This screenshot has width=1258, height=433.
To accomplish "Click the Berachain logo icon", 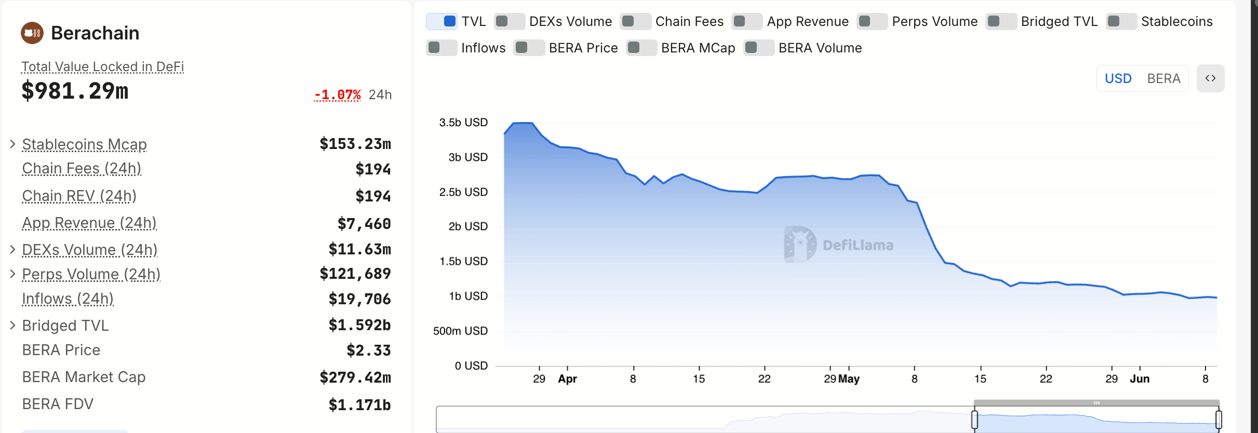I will (32, 33).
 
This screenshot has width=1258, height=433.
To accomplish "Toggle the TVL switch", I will (441, 21).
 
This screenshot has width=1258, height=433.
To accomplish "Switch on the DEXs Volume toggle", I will (509, 21).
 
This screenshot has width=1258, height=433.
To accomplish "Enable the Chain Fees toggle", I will (635, 21).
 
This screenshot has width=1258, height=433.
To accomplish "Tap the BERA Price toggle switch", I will (529, 48).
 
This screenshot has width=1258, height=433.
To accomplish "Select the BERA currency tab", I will (1163, 78).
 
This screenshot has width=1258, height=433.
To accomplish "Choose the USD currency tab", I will (1118, 78).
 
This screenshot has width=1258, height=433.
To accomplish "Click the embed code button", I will (1210, 78).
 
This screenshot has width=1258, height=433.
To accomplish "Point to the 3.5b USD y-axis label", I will (463, 123).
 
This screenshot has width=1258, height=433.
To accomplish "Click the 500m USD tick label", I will (460, 331).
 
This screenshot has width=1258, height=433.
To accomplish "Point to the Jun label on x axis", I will (1140, 379).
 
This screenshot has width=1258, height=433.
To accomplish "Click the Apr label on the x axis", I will (567, 379).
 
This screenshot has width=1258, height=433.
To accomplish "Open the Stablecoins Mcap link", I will (84, 144).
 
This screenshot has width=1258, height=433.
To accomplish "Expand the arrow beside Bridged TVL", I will (12, 326).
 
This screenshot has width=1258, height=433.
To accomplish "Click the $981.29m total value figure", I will (75, 91).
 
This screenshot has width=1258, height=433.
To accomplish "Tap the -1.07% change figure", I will (338, 94).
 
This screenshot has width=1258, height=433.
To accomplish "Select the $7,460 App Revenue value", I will (364, 224).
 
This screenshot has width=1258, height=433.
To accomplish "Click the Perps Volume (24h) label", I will (91, 274).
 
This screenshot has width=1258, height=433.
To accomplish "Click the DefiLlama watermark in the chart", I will (839, 245).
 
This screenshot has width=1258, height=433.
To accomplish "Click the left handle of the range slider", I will (974, 420).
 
